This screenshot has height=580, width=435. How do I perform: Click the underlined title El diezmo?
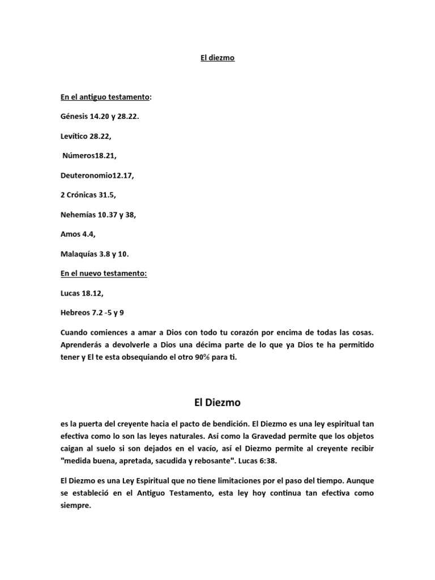(x=217, y=58)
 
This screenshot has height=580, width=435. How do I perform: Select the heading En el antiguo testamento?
(x=105, y=97)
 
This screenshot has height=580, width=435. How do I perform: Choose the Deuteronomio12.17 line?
(x=97, y=176)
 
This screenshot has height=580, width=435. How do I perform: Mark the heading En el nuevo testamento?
(x=104, y=274)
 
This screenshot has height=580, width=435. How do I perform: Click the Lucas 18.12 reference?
(x=82, y=293)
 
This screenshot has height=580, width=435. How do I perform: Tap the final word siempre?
(x=75, y=506)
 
